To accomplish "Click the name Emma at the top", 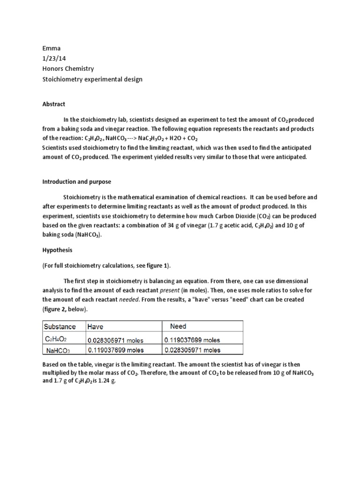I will pyautogui.click(x=51, y=48).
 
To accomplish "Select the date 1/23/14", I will pyautogui.click(x=53, y=59).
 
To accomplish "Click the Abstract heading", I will pyautogui.click(x=54, y=104).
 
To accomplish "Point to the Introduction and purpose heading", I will pyautogui.click(x=77, y=182).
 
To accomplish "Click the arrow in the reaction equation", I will pyautogui.click(x=138, y=139).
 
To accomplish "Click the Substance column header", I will pyautogui.click(x=60, y=326).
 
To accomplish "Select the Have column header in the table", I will pyautogui.click(x=96, y=326).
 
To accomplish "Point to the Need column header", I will pyautogui.click(x=178, y=326).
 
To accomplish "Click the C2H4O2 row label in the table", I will pyautogui.click(x=57, y=339).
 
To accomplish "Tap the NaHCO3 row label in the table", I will pyautogui.click(x=58, y=350).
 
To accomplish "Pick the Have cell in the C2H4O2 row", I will pyautogui.click(x=116, y=339).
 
